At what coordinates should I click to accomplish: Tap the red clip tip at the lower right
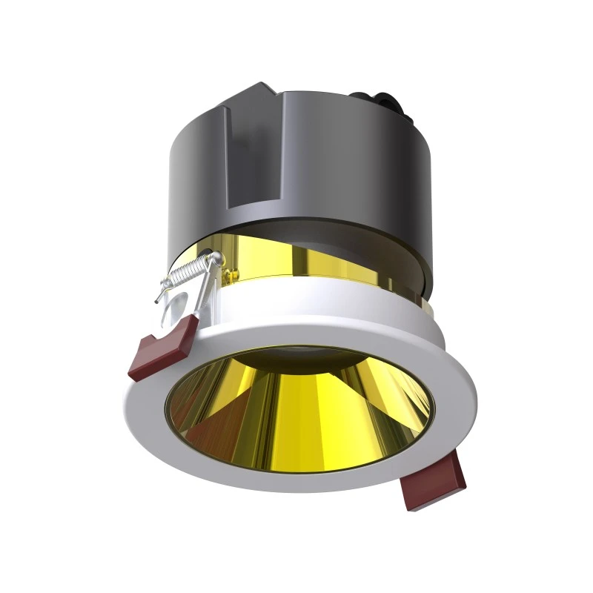(435, 483)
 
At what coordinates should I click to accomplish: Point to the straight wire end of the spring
(158, 297)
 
